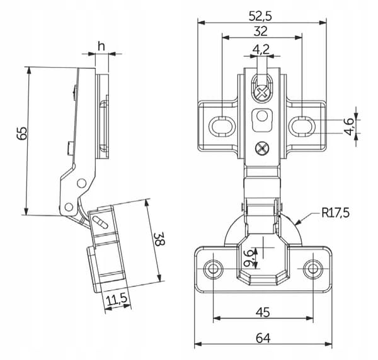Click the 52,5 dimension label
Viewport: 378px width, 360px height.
click(260, 16)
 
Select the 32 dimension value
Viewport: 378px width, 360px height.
click(260, 31)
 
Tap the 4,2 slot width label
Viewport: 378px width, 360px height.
click(261, 49)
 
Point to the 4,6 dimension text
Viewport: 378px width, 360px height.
click(349, 127)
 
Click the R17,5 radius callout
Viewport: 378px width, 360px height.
click(335, 213)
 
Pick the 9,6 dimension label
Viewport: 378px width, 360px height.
click(249, 259)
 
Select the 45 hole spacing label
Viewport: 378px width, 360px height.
click(263, 312)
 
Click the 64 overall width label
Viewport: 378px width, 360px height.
click(263, 338)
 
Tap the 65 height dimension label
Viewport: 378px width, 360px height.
click(22, 133)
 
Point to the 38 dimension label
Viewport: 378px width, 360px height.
click(159, 239)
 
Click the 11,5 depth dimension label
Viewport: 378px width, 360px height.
click(117, 300)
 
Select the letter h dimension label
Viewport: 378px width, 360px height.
click(101, 46)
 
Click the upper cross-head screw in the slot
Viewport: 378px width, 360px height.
click(262, 93)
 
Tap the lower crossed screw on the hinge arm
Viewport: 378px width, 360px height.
click(262, 149)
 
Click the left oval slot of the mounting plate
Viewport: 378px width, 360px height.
click(221, 126)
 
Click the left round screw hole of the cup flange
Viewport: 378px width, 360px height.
click(213, 269)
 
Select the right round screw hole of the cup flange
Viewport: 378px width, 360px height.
click(313, 269)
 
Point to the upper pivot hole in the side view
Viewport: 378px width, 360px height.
click(81, 183)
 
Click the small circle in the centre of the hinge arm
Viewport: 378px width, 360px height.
click(262, 116)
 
